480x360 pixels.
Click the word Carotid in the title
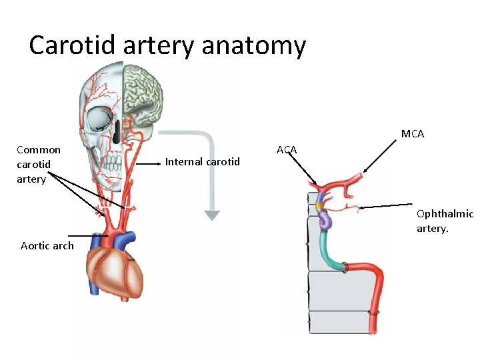click(x=71, y=45)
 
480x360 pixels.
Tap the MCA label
click(x=413, y=134)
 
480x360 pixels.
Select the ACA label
click(x=287, y=150)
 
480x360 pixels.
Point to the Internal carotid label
click(x=202, y=161)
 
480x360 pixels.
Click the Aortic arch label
click(x=47, y=245)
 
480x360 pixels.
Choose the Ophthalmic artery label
click(x=444, y=221)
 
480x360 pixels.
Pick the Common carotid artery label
click(x=39, y=164)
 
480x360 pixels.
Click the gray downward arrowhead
click(x=212, y=215)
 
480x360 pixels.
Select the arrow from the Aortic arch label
click(x=83, y=235)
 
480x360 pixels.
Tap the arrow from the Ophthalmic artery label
click(x=387, y=206)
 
